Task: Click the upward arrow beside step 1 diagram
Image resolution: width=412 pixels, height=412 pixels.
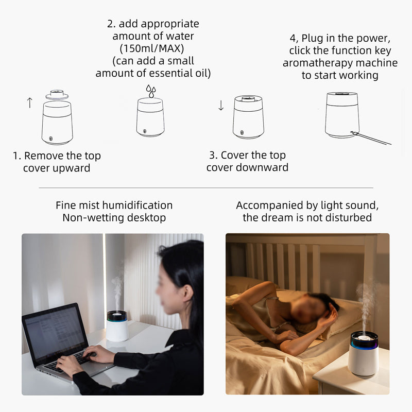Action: click(30, 102)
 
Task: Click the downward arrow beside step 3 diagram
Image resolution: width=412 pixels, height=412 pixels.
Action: click(221, 105)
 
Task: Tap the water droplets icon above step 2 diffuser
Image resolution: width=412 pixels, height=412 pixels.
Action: click(151, 91)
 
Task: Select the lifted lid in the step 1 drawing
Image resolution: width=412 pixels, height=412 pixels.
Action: click(57, 95)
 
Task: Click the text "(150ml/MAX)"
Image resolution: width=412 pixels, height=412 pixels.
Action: click(152, 48)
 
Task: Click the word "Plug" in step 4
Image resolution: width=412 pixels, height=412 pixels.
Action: click(313, 38)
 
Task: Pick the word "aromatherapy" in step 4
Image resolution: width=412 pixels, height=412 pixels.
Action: click(318, 63)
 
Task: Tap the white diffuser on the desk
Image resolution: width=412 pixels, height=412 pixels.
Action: click(117, 326)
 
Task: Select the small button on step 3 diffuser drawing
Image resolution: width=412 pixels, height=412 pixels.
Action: click(242, 133)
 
